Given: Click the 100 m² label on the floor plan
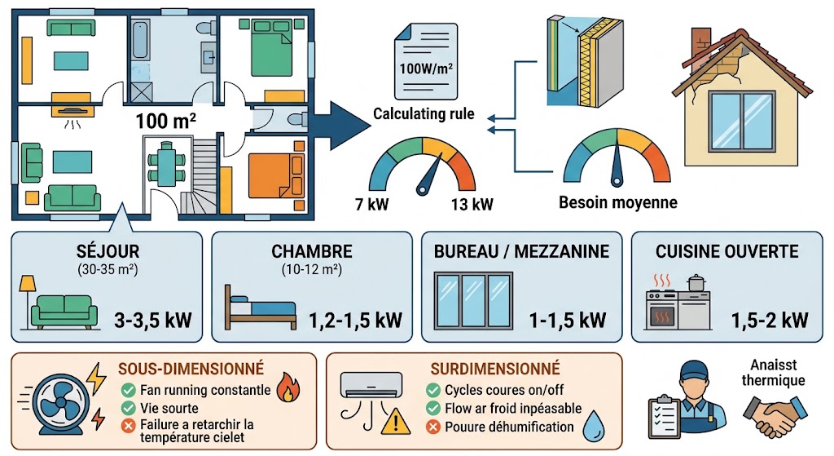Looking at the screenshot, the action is coord(165,121).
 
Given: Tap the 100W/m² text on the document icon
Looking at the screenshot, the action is coord(426,69).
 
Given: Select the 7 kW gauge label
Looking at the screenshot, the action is coord(371,204).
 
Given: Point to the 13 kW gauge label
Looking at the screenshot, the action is coord(472,204).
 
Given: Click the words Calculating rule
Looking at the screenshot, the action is coord(424,114).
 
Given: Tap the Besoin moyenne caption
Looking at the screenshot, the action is coord(618,202).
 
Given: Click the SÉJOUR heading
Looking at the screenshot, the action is coord(108,251).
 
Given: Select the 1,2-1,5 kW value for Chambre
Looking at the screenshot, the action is coord(355,320).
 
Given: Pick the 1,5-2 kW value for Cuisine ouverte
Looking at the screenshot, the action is coord(770,320).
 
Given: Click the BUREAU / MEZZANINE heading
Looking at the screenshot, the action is coord(521,251).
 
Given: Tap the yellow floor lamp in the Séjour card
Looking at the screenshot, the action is coord(27,301).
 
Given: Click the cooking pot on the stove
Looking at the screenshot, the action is coord(696,283).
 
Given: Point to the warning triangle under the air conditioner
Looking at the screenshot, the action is coord(395,421).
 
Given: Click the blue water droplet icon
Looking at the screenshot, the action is coord(594,426).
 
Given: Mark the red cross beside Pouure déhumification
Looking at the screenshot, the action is coord(433,427).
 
